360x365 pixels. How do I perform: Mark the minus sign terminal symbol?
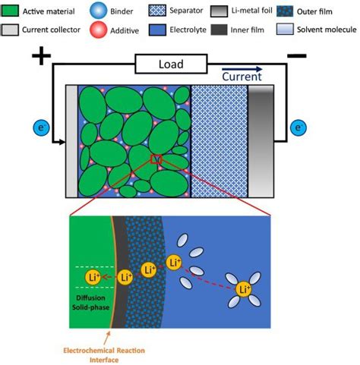[x=297, y=55]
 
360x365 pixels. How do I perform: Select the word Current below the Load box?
[x=242, y=76]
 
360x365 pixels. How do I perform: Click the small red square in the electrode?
[x=156, y=159]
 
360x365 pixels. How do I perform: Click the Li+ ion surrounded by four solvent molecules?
[x=245, y=289]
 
